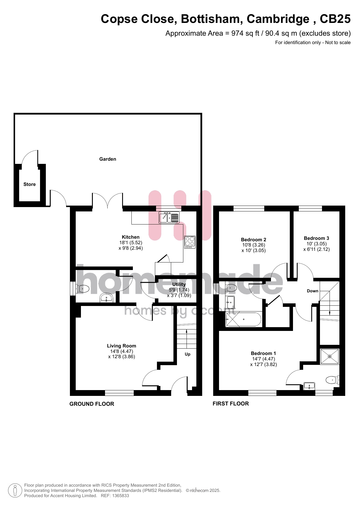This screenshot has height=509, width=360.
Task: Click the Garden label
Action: (108, 159)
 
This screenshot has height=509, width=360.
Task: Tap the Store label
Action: (30, 184)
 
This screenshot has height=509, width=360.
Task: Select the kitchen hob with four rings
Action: (190, 242)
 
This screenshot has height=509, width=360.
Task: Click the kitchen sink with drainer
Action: (169, 217)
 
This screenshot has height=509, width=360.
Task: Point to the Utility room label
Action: (179, 285)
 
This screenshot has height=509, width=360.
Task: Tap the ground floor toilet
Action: (83, 289)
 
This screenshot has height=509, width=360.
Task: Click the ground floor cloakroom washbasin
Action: (106, 298)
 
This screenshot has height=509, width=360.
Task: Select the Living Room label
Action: (122, 346)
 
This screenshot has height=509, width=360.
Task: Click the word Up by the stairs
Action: (188, 354)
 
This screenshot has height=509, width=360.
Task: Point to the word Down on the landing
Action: (313, 291)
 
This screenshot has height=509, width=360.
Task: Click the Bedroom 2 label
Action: (254, 240)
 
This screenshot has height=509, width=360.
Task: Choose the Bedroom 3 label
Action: (316, 238)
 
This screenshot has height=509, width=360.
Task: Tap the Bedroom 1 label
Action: (263, 353)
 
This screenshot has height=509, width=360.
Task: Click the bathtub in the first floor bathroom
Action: (243, 319)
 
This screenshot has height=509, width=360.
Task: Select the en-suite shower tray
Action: (330, 356)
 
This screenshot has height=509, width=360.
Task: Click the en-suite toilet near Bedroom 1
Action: (332, 380)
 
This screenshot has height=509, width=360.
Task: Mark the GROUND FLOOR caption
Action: (92, 404)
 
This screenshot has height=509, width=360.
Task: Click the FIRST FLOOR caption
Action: (231, 404)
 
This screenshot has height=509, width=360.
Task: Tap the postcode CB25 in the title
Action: (335, 19)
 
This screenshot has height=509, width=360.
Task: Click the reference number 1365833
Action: (119, 496)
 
